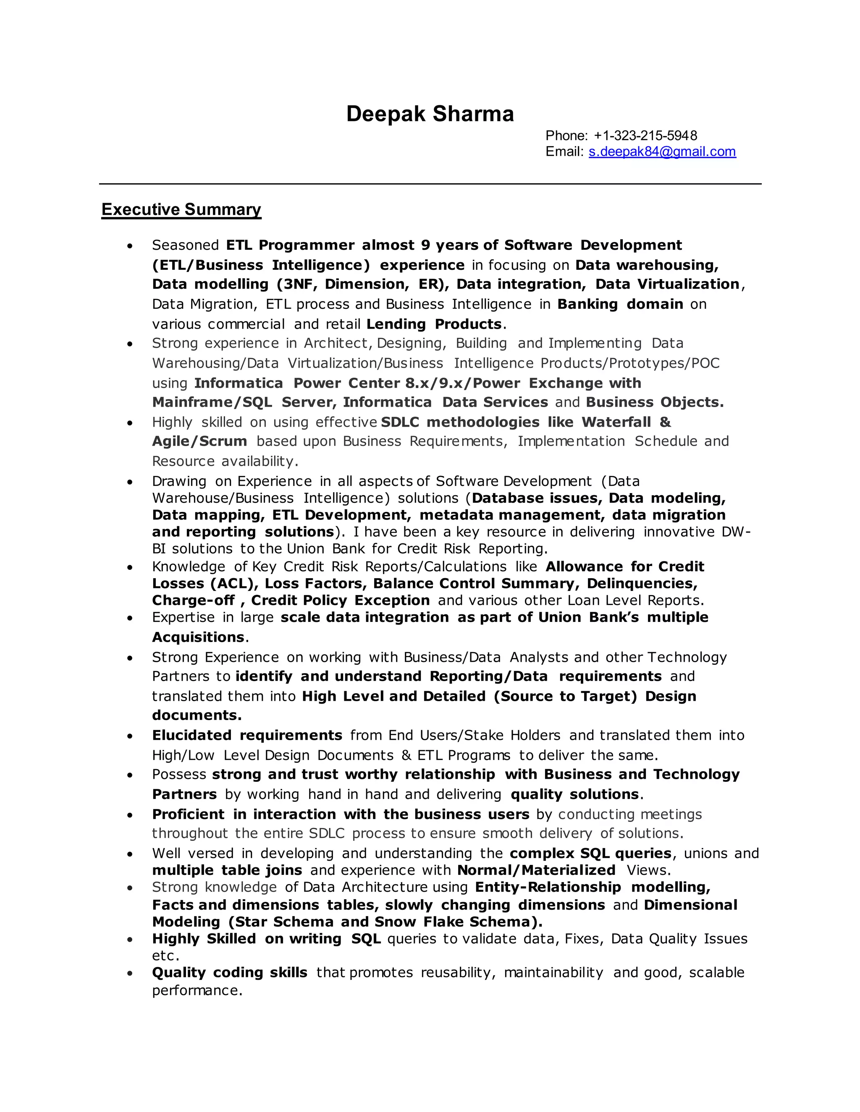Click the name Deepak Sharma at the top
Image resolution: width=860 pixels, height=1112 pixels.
pos(430,114)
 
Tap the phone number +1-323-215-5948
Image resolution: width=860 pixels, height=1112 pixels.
pos(645,136)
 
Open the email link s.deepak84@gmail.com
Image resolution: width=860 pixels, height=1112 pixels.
pos(662,152)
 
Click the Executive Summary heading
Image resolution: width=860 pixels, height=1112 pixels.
pos(181,209)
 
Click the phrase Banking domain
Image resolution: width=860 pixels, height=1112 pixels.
pos(620,304)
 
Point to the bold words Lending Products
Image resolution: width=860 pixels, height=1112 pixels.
pos(434,324)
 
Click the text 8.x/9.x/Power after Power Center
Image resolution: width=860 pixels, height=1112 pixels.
pos(463,383)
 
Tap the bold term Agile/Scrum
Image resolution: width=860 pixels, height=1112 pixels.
pos(199,441)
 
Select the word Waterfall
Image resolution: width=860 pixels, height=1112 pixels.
pos(616,422)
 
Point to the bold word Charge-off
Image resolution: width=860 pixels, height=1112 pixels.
pos(193,600)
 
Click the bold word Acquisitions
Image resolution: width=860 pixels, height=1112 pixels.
pos(198,637)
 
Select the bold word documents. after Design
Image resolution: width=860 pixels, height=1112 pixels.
pos(197,715)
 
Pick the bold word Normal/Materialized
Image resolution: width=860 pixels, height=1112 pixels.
pos(536,870)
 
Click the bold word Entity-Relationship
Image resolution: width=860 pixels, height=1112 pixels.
pos(548,887)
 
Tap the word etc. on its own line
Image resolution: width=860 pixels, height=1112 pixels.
pos(165,955)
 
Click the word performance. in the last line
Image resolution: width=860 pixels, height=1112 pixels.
pos(197,990)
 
